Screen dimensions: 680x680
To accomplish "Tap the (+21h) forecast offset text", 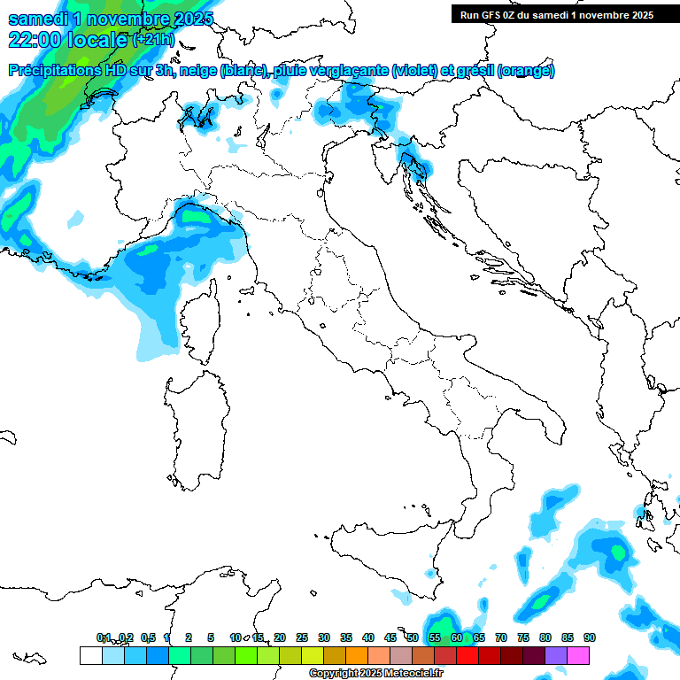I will pyautogui.click(x=154, y=40).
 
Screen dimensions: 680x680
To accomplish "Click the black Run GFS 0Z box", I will pyautogui.click(x=556, y=14).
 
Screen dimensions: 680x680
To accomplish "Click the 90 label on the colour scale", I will pyautogui.click(x=589, y=637).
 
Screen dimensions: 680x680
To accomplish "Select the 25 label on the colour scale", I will pyautogui.click(x=302, y=637).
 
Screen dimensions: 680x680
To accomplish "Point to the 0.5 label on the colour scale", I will pyautogui.click(x=148, y=637).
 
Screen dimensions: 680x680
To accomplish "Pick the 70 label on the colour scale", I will pyautogui.click(x=501, y=637).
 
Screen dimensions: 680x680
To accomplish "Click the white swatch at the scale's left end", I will pyautogui.click(x=90, y=655).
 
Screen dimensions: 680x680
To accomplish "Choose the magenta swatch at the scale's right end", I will pyautogui.click(x=579, y=655).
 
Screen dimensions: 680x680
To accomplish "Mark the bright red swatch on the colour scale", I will pyautogui.click(x=467, y=655).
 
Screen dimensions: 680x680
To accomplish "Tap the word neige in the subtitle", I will pyautogui.click(x=198, y=71).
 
